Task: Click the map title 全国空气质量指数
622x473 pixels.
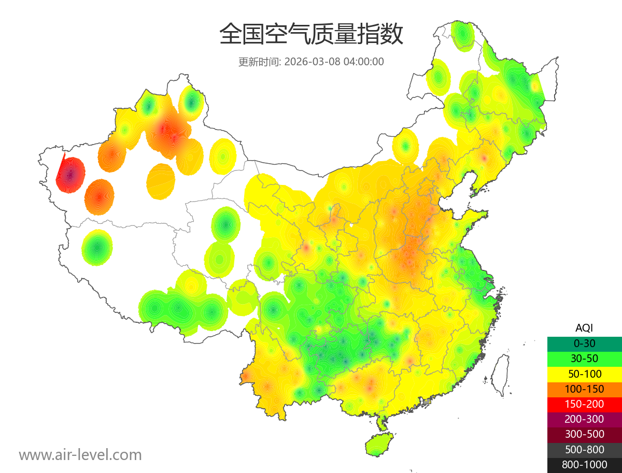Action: [311, 35]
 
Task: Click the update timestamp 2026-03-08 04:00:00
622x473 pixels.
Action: [334, 62]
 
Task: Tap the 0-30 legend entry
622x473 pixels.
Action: [584, 343]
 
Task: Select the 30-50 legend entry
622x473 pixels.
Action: [584, 359]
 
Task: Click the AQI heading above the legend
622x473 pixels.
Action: [584, 328]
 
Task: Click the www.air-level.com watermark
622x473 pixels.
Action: [80, 455]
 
